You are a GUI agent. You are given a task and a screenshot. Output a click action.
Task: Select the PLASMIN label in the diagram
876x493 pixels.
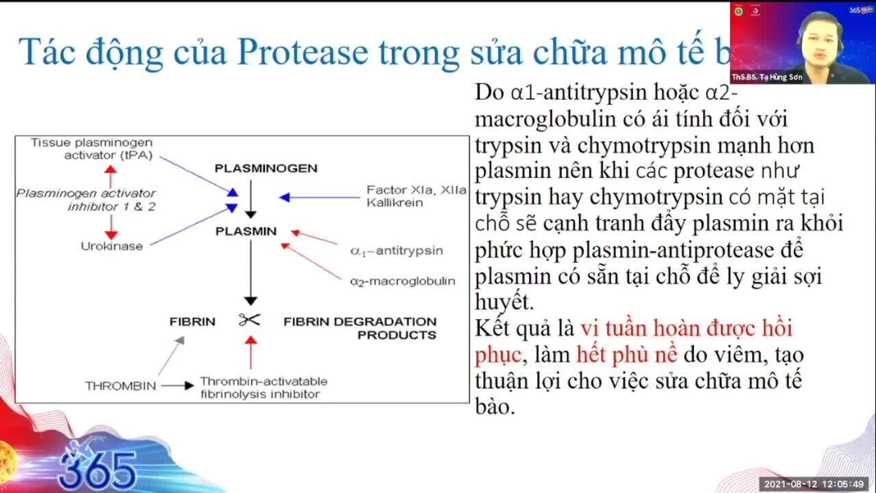click(246, 231)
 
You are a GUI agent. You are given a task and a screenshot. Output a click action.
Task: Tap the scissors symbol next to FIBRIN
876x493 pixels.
click(250, 321)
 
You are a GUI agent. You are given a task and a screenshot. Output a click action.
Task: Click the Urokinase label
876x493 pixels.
click(111, 246)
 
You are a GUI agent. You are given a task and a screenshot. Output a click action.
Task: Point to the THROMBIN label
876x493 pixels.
click(121, 386)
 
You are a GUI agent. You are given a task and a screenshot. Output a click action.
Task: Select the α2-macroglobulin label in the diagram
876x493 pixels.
click(402, 281)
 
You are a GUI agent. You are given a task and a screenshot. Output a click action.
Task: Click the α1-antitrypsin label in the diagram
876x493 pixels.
click(396, 251)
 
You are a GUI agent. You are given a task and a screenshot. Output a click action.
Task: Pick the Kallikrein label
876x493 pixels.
click(395, 203)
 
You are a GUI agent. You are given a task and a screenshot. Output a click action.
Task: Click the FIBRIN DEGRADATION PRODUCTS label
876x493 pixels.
click(360, 327)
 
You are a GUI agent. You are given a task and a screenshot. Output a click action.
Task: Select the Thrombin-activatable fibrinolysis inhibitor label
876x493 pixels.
click(263, 387)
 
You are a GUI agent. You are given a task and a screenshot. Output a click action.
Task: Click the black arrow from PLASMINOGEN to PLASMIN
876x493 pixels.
click(251, 199)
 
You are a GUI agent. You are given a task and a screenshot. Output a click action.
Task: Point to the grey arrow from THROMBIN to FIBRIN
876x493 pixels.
click(170, 356)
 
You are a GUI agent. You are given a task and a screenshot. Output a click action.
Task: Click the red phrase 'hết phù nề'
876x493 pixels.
click(629, 354)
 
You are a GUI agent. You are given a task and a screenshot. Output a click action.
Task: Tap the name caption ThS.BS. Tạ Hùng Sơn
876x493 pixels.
click(766, 77)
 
